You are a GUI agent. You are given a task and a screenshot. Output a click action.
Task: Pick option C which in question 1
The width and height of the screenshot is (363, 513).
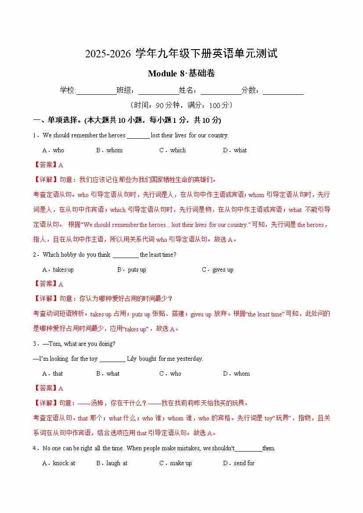(x=173, y=150)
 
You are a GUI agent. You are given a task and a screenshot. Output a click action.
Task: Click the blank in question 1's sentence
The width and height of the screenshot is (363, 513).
(x=138, y=136)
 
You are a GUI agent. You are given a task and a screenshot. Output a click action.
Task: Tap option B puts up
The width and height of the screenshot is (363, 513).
(x=132, y=269)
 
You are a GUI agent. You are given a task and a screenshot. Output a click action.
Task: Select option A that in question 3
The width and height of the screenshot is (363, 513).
(x=53, y=373)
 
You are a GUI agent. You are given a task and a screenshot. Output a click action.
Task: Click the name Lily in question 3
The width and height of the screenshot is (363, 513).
(x=132, y=359)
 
